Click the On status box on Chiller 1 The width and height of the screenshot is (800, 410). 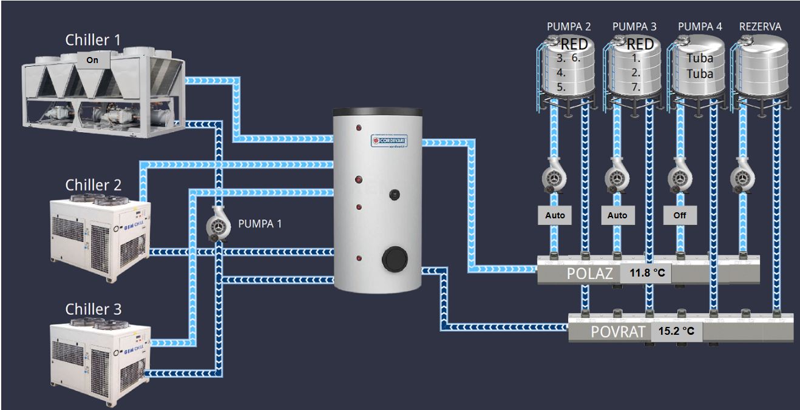92,60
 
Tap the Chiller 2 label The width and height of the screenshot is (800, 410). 93,184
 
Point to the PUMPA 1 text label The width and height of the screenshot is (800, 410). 260,224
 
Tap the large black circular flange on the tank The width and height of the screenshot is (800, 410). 393,260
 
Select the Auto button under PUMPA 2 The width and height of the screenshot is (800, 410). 555,215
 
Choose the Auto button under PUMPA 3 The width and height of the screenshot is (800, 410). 617,215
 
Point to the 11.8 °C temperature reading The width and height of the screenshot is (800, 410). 647,274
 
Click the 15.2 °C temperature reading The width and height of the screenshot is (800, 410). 676,332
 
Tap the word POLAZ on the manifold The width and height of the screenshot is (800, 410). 589,274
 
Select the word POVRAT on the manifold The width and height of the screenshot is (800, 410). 617,332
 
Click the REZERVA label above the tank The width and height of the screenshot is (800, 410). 760,27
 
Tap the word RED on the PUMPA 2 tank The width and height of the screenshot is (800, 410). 574,44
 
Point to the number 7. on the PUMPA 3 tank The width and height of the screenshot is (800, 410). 636,87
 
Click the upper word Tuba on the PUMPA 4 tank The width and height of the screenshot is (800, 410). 700,59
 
